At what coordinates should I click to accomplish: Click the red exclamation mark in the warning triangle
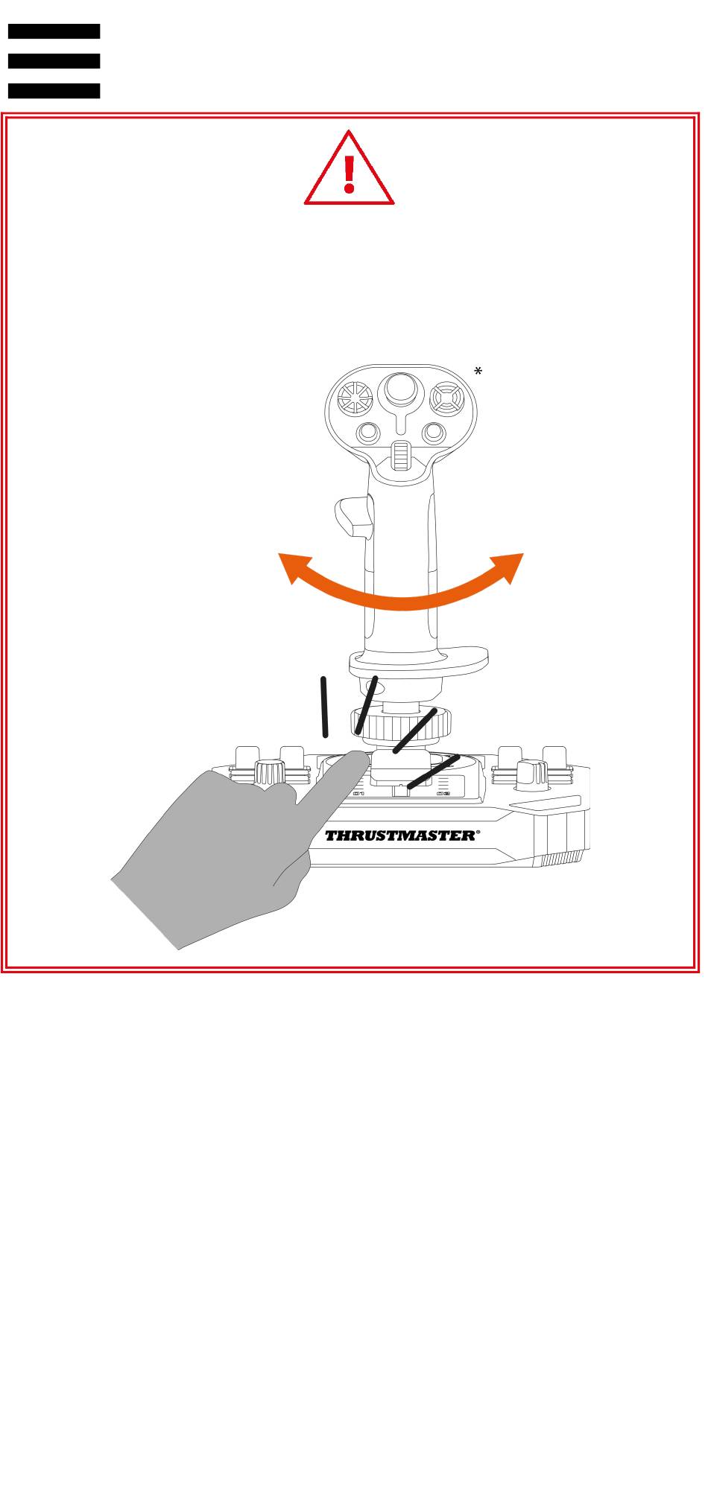(x=349, y=172)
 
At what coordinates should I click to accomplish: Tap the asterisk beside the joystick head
(x=478, y=372)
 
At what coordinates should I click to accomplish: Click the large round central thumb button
(x=401, y=390)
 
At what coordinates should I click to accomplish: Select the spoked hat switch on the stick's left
(x=355, y=401)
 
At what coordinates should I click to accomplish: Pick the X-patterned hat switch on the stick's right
(x=447, y=400)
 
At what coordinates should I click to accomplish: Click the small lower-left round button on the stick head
(x=367, y=433)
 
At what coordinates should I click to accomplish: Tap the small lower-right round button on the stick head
(x=434, y=433)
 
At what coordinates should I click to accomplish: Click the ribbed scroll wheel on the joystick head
(x=401, y=456)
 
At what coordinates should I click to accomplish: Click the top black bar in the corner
(x=54, y=31)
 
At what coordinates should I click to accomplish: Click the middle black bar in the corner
(x=54, y=61)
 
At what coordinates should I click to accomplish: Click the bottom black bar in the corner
(x=54, y=91)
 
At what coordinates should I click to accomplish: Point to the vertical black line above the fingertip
(x=324, y=707)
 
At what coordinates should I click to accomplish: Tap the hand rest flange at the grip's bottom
(x=419, y=659)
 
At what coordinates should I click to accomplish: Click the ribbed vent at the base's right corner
(x=560, y=859)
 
